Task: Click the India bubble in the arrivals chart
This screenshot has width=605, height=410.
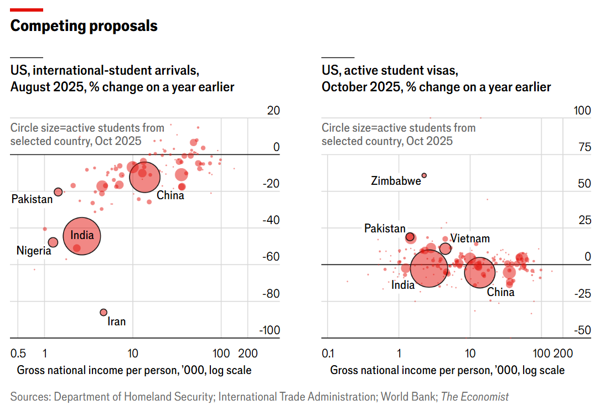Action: point(82,236)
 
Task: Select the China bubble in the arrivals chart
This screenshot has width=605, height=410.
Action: point(144,177)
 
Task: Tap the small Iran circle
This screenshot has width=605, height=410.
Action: point(104,313)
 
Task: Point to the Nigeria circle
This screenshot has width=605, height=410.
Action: point(53,242)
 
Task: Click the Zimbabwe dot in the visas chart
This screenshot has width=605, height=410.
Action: point(424,175)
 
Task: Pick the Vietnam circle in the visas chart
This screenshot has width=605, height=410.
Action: point(445,248)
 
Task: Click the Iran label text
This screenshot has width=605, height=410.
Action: point(116,321)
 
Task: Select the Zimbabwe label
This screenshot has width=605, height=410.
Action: point(396,180)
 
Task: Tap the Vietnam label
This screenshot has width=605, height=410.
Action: point(470,238)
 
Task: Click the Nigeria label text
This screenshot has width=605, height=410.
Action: point(34,251)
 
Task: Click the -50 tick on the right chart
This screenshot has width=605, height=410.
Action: point(582,330)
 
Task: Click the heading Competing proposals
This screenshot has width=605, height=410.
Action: point(84,26)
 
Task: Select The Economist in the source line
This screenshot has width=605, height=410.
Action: point(475,397)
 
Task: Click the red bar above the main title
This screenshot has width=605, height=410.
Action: point(27,9)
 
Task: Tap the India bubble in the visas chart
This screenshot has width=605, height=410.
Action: point(428,268)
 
